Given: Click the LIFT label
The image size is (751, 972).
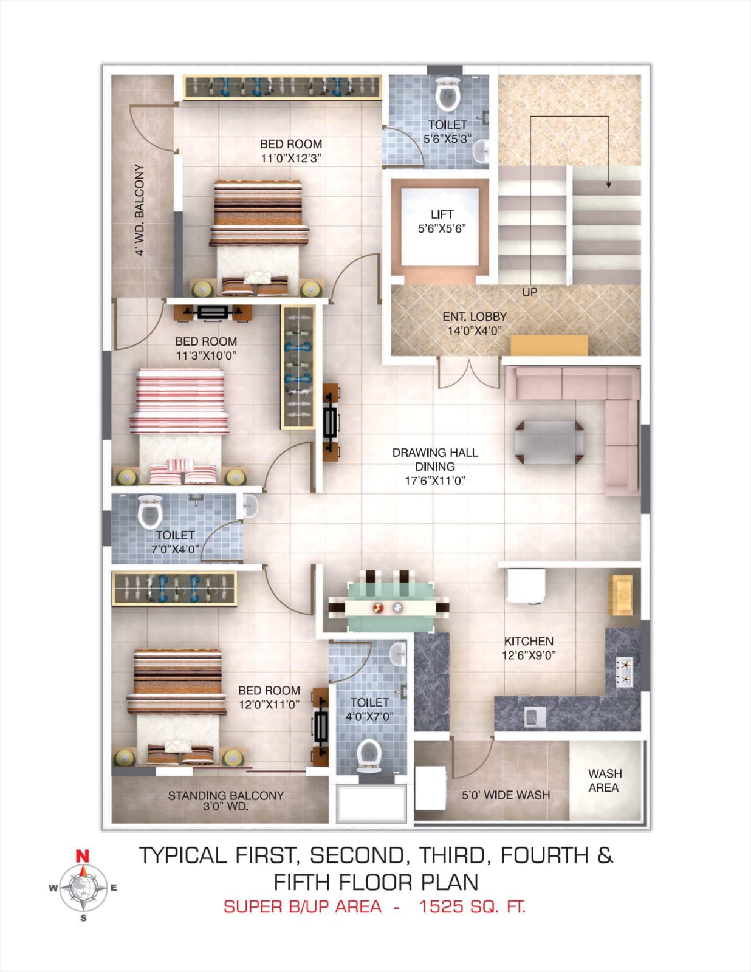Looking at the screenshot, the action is (x=442, y=214).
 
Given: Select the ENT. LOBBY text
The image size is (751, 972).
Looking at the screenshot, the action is (x=475, y=317).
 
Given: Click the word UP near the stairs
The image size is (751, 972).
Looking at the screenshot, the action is (x=530, y=293).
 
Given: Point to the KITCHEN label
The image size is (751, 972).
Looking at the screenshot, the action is (x=529, y=641).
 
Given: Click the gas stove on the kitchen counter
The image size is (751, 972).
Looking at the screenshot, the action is (x=624, y=673).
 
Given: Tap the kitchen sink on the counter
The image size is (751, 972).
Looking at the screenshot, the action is (x=535, y=717).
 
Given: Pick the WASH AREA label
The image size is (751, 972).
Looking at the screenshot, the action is (x=605, y=780).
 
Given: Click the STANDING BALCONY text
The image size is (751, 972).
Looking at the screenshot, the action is (x=226, y=795).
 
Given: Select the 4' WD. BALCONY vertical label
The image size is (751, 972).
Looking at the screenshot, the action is (x=140, y=210).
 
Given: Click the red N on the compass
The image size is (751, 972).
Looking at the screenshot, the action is (x=82, y=856).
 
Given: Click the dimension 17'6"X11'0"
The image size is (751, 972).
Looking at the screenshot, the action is (x=435, y=481).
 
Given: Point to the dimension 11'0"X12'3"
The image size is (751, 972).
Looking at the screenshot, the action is (x=291, y=159).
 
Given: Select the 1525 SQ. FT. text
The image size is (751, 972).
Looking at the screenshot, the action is (x=472, y=906).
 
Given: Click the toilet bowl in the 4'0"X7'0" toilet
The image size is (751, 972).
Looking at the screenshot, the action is (x=369, y=755).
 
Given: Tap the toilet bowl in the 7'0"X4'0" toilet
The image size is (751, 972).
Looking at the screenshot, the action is (x=149, y=512).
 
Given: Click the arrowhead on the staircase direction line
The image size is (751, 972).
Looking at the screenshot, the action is (x=608, y=183).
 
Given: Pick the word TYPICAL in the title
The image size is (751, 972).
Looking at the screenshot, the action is (x=183, y=855).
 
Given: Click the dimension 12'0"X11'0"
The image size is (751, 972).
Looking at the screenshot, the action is (x=269, y=705).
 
